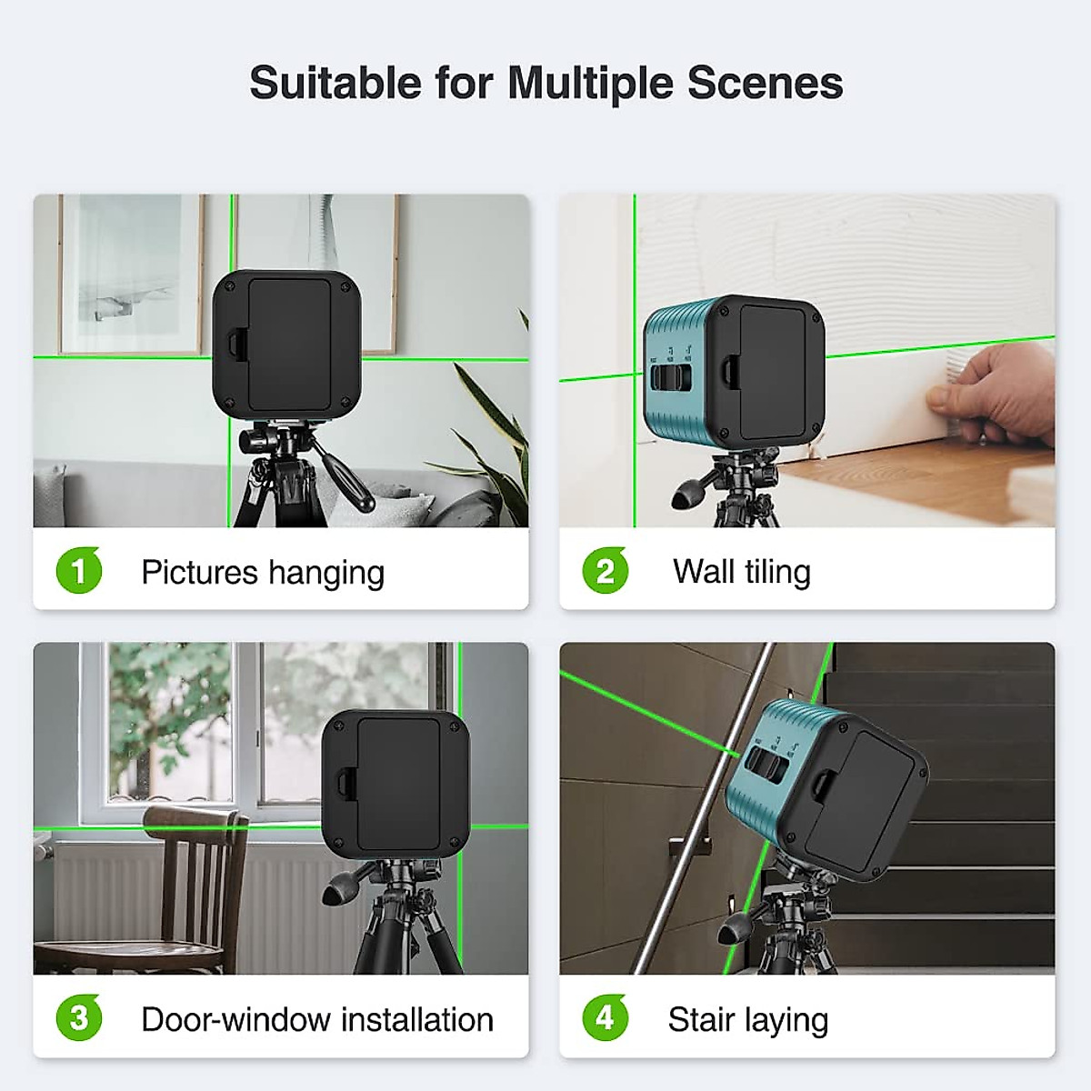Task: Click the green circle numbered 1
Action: click(79, 571)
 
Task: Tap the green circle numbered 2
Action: click(606, 571)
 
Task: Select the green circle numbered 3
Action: click(79, 1018)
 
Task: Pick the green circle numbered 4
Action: click(606, 1018)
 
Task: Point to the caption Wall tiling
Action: click(741, 572)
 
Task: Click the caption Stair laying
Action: click(747, 1020)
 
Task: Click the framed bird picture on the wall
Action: click(129, 273)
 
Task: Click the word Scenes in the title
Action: click(765, 84)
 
